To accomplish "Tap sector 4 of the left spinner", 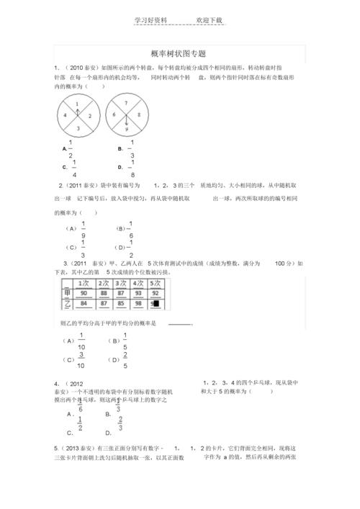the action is [x=66, y=115].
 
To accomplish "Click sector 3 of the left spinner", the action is [x=78, y=127].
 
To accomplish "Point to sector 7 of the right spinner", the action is [x=126, y=104].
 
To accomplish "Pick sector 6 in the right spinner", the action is [x=114, y=115].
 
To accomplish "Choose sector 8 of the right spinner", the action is [x=138, y=115].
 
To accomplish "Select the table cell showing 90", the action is [x=84, y=293].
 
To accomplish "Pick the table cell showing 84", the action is [x=84, y=303].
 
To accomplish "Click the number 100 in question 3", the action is [x=284, y=264].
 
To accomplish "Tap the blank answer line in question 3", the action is [x=180, y=325].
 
